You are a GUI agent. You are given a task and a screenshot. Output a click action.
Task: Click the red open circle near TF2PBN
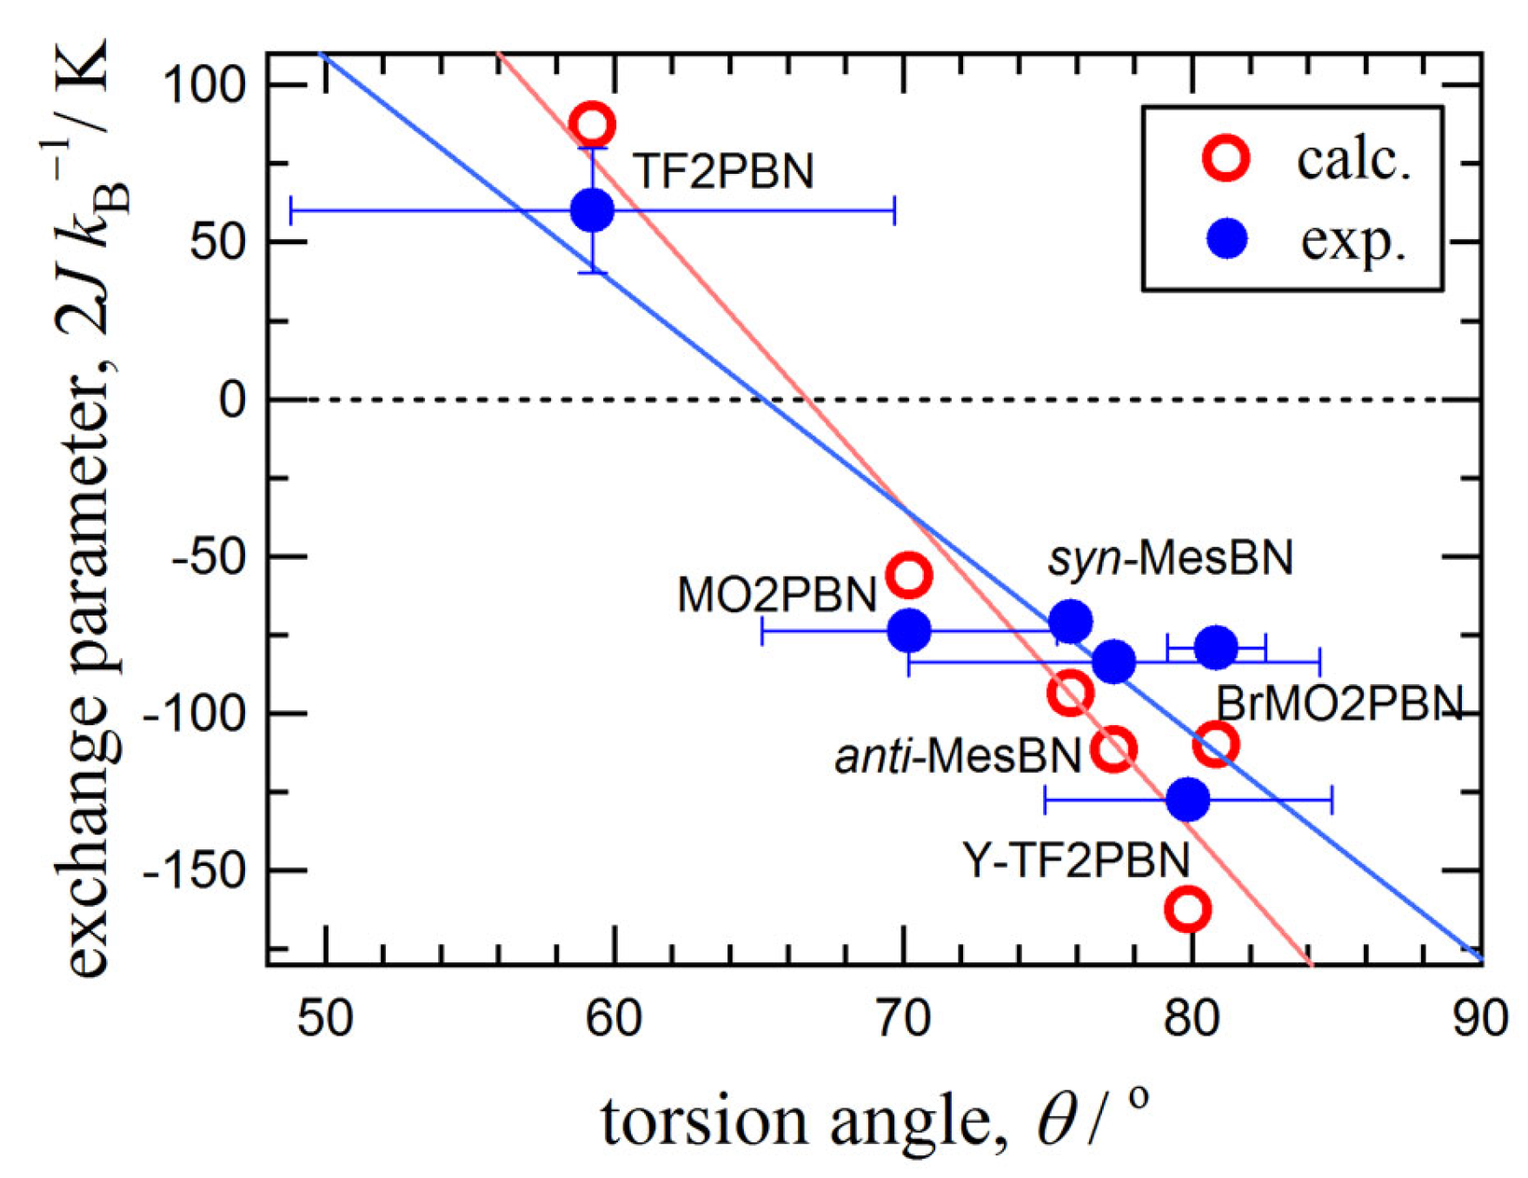pos(592,124)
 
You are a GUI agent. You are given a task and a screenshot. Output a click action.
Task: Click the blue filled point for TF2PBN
pos(592,210)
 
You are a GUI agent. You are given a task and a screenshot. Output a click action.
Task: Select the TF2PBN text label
pos(722,171)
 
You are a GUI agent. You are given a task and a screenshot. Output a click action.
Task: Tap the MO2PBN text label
pos(776,596)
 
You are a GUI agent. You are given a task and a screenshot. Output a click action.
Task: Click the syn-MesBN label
pos(1170,557)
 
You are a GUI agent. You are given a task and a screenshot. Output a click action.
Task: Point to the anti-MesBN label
pos(958,756)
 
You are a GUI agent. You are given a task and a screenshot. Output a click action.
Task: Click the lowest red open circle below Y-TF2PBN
pos(1187,908)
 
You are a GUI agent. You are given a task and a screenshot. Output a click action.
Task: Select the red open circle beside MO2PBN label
pos(908,575)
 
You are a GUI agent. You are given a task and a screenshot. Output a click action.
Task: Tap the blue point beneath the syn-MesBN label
pos(1070,621)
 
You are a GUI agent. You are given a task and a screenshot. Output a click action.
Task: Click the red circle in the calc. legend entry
pos(1226,158)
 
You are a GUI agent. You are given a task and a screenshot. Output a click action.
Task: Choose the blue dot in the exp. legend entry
pos(1227,238)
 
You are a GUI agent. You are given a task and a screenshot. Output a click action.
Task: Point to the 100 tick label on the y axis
pos(206,85)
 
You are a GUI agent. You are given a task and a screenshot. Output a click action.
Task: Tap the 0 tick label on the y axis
pos(232,400)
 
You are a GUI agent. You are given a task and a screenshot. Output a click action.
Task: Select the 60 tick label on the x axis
pos(614,1019)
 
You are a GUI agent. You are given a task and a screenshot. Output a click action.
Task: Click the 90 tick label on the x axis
pos(1479,1019)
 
